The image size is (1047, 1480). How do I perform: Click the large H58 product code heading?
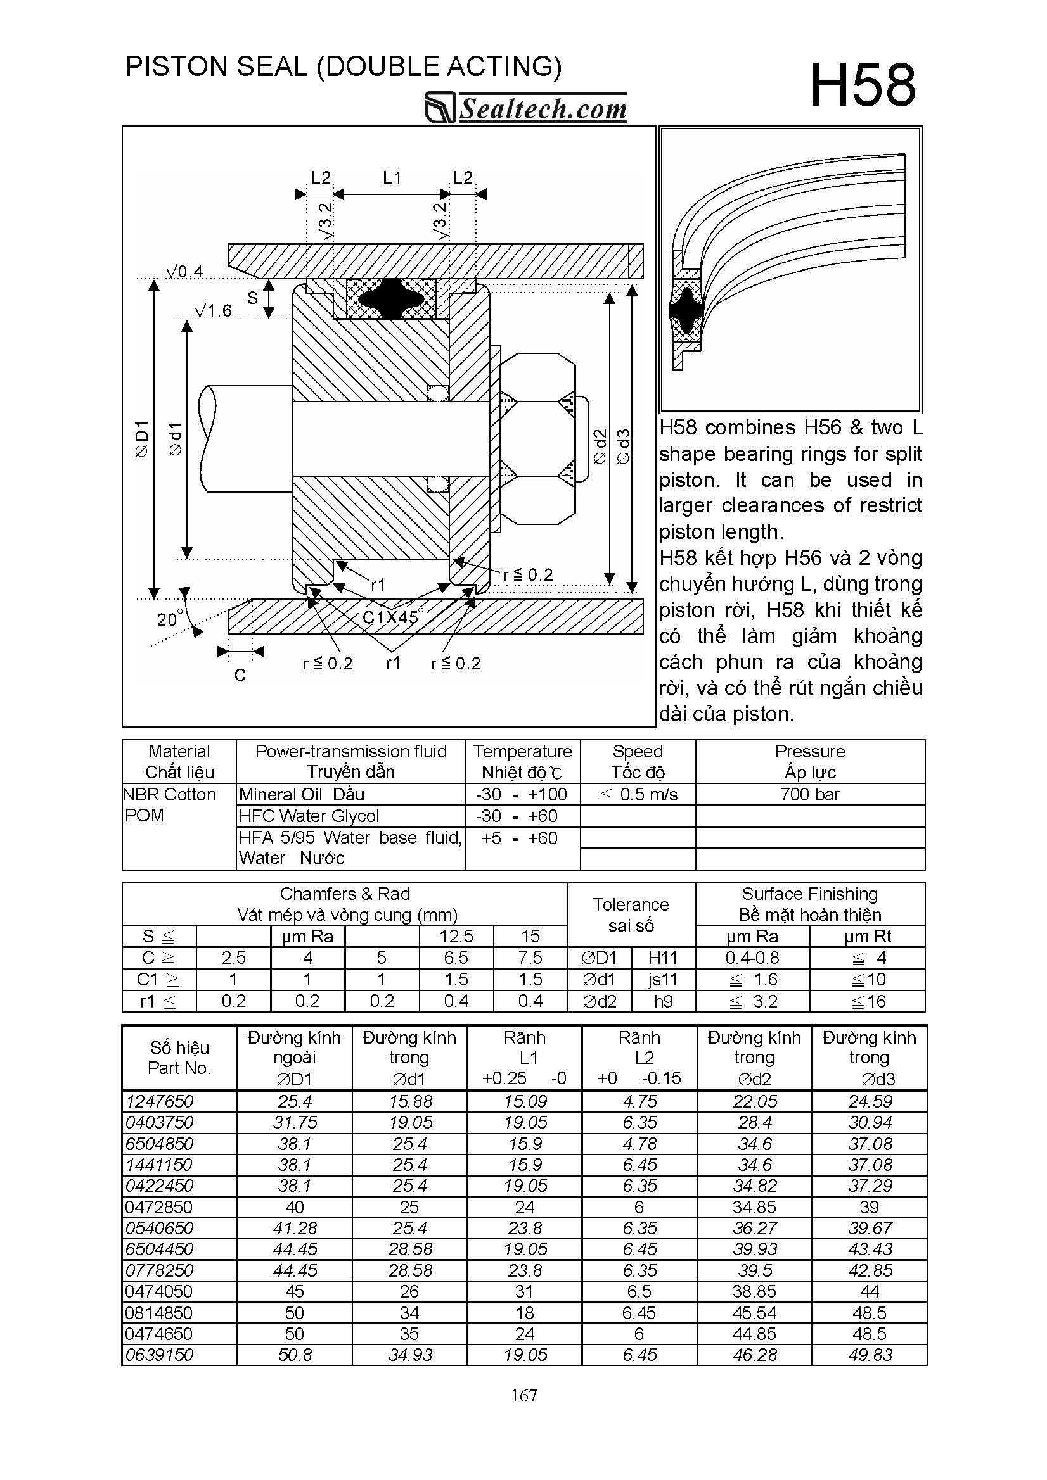point(862,85)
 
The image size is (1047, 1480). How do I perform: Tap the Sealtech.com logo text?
point(542,109)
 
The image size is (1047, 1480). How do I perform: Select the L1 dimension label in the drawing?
point(392,177)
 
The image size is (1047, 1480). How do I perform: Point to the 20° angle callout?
point(170,619)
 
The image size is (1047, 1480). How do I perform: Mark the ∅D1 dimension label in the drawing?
point(141,439)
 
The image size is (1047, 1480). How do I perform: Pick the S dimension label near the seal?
point(252,298)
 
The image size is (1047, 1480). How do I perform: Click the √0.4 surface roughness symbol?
point(184,272)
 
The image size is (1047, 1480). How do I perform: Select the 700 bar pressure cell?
point(809,794)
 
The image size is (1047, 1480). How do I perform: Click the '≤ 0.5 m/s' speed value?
point(638,794)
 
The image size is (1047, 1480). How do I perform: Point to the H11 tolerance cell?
point(662,958)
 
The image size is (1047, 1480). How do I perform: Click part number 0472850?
point(159,1206)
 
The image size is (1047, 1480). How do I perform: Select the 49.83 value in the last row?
point(870,1355)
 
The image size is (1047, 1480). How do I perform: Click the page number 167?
point(524,1396)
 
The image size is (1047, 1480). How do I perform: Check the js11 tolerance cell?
point(662,980)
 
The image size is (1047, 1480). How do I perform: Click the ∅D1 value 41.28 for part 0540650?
point(295,1228)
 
